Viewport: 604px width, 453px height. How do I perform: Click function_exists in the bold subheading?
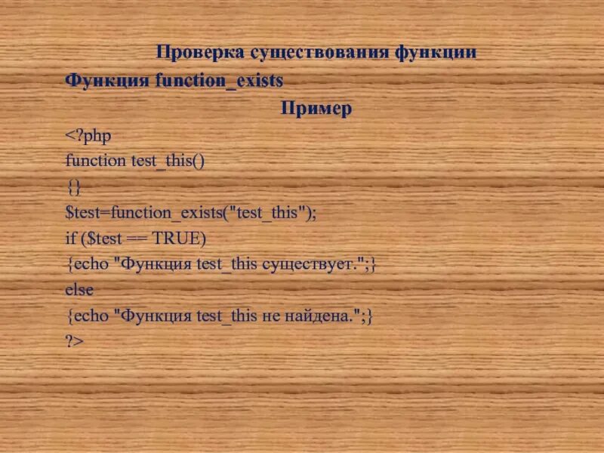[x=219, y=80]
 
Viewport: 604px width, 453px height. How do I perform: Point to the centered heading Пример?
[x=316, y=109]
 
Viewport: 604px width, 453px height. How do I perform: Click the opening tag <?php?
[x=88, y=135]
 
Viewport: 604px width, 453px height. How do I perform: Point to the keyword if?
[x=70, y=238]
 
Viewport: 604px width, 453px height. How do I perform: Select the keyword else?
[x=80, y=289]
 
